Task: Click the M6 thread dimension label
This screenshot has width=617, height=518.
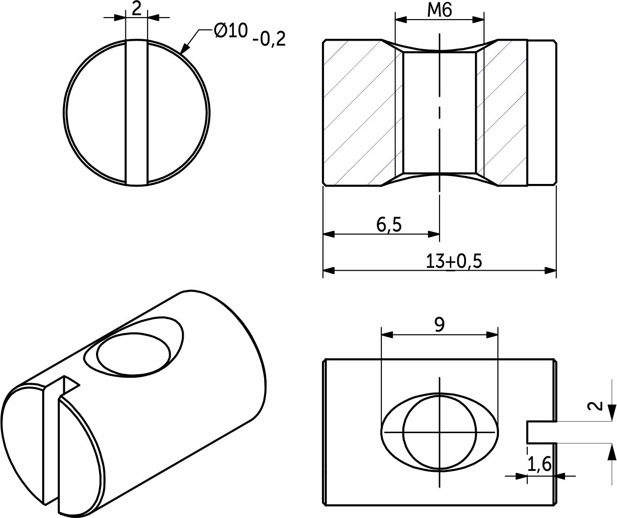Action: (x=440, y=11)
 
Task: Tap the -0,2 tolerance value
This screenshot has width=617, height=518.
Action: (x=269, y=39)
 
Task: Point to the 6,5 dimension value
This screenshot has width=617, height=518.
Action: (x=389, y=225)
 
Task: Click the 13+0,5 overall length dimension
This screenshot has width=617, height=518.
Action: (x=454, y=261)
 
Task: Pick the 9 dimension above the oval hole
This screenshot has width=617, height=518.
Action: (x=440, y=325)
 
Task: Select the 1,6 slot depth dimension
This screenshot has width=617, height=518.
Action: (x=539, y=464)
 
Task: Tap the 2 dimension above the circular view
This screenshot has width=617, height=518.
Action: (x=136, y=9)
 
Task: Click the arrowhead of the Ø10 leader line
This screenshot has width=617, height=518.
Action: (x=184, y=49)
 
